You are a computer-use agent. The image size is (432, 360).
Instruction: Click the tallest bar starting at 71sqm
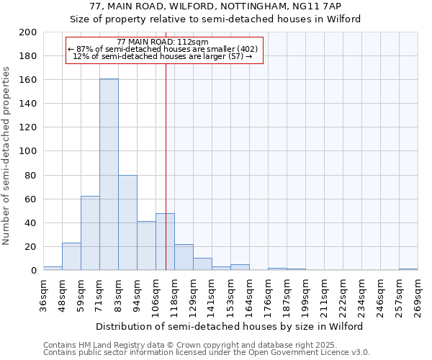click(x=109, y=174)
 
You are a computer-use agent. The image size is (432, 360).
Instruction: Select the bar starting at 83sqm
click(x=127, y=222)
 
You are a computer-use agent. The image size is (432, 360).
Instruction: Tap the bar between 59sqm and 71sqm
click(x=90, y=233)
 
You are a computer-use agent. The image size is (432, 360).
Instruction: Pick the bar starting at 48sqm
click(x=71, y=256)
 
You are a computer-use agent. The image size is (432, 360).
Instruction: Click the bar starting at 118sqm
click(x=184, y=257)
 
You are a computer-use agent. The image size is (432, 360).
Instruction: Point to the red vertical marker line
click(x=166, y=180)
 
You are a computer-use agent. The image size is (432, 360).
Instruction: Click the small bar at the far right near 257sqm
click(x=408, y=269)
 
